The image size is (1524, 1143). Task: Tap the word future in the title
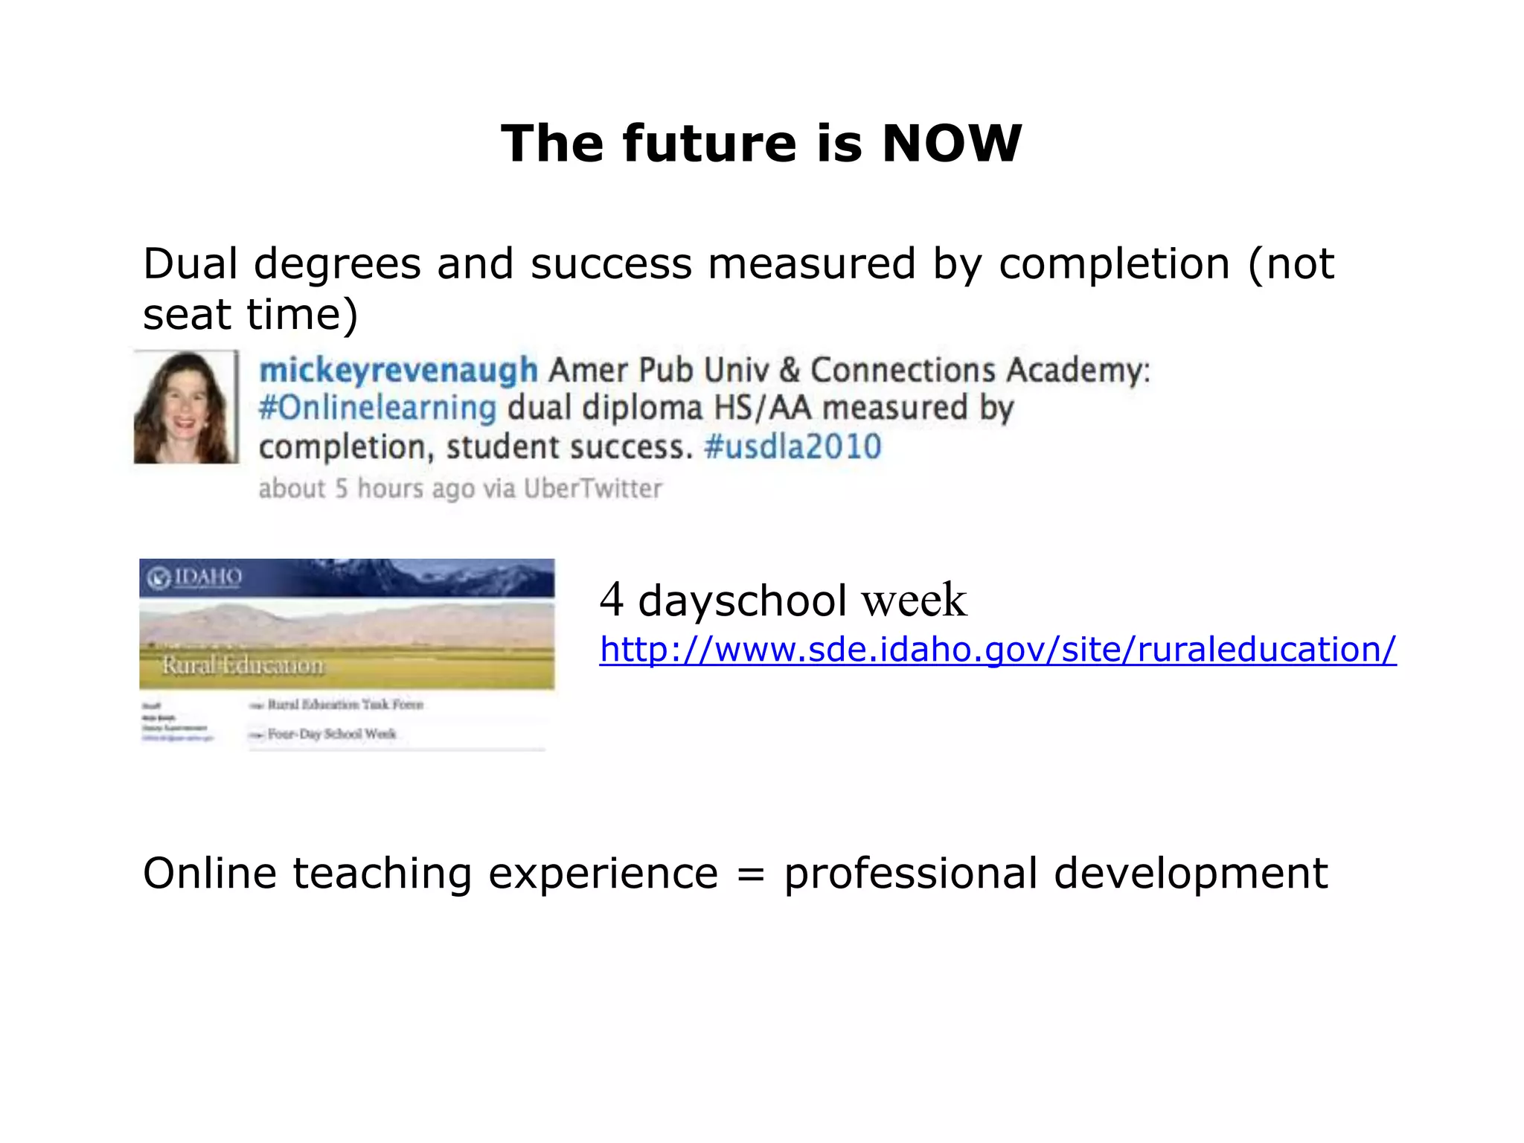pyautogui.click(x=709, y=143)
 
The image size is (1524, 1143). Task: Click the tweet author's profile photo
pyautogui.click(x=185, y=407)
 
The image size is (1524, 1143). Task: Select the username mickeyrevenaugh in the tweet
pyautogui.click(x=398, y=371)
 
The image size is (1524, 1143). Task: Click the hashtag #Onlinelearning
pyautogui.click(x=377, y=409)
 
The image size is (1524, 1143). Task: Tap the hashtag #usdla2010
pyautogui.click(x=793, y=447)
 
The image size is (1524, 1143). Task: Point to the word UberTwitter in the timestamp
pyautogui.click(x=592, y=489)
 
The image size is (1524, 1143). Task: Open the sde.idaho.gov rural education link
pyautogui.click(x=997, y=650)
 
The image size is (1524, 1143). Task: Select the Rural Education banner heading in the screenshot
pyautogui.click(x=243, y=665)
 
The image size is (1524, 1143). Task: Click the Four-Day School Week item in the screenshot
pyautogui.click(x=331, y=734)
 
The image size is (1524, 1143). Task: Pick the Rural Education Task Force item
pyautogui.click(x=345, y=704)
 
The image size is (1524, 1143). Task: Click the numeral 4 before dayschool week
pyautogui.click(x=611, y=599)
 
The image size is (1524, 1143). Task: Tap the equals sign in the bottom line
pyautogui.click(x=750, y=874)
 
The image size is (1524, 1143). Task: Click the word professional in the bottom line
pyautogui.click(x=910, y=874)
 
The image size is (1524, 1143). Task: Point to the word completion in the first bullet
pyautogui.click(x=1114, y=264)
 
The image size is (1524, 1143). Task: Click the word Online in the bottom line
pyautogui.click(x=209, y=874)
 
